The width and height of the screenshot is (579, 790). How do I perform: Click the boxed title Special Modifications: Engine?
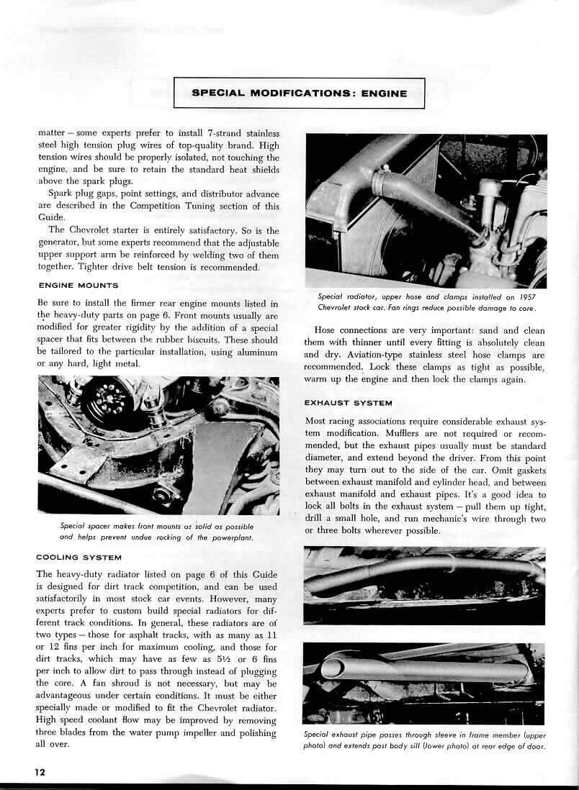299,93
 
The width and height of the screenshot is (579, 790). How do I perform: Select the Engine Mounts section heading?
77,286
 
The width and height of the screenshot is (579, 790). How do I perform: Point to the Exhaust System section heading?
348,402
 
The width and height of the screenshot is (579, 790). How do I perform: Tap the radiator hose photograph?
425,210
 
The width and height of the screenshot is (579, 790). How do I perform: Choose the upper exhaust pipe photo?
425,584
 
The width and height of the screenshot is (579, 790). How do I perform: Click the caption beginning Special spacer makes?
157,531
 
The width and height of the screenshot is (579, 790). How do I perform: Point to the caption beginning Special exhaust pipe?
425,740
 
